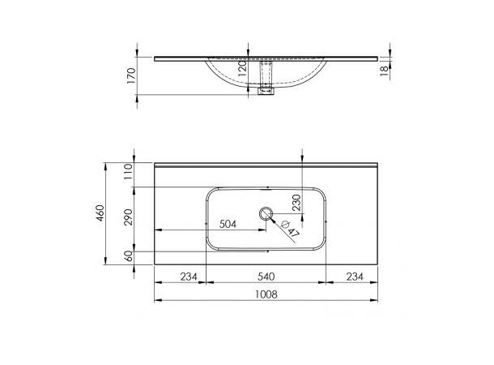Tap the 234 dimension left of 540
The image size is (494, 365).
pos(188,277)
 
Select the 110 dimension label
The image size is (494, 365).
pos(128,173)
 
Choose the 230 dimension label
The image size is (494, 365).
pos(297,202)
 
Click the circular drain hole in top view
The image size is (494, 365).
pos(266,215)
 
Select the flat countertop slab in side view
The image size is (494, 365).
pos(178,58)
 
